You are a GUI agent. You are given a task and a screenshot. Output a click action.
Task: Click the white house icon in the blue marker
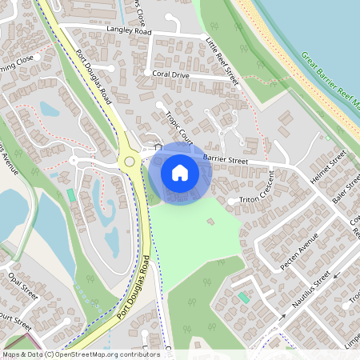coord(180,172)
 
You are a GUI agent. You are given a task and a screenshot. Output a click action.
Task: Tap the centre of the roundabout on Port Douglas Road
coord(128,161)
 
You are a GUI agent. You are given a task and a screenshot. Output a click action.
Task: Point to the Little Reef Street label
coord(222,62)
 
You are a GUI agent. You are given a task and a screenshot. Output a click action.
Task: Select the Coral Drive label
coord(171,74)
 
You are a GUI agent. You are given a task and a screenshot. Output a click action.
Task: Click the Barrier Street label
coord(226,159)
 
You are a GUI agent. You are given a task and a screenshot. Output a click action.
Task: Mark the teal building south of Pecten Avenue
coord(243,298)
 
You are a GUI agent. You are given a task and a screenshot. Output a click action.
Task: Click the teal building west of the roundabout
coord(72,195)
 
